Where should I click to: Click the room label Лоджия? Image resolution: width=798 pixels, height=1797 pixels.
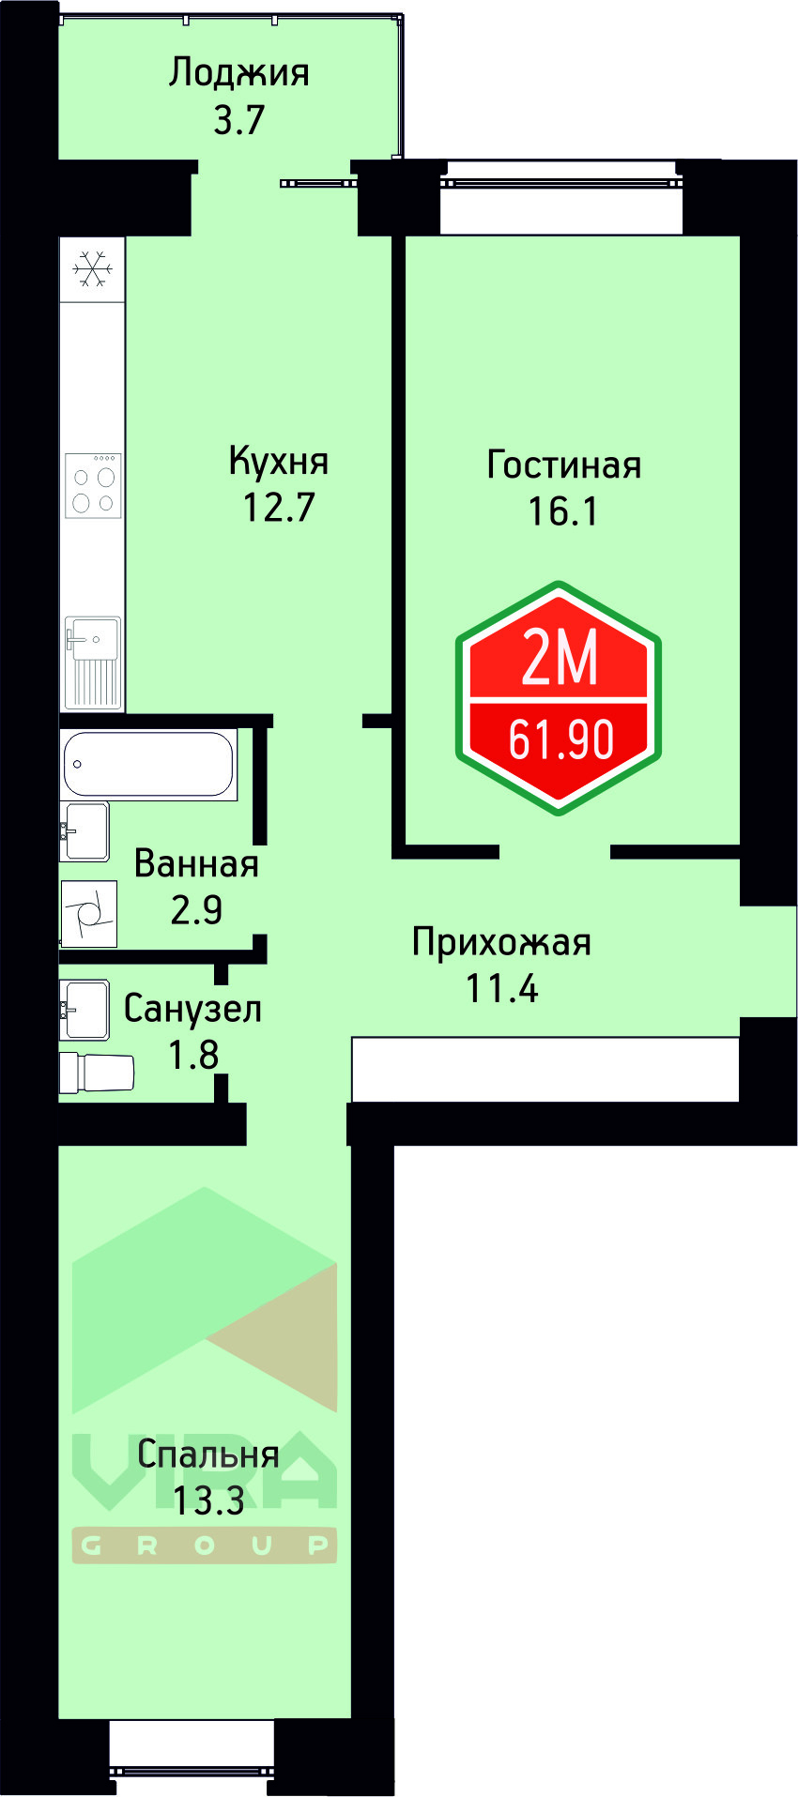tap(238, 74)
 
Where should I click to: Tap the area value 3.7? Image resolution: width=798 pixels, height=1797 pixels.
tap(238, 120)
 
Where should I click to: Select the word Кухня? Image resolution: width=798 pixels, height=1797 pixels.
tap(279, 462)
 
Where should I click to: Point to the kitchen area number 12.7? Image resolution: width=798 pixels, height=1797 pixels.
tap(279, 508)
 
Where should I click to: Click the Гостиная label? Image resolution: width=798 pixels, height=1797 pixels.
tap(563, 465)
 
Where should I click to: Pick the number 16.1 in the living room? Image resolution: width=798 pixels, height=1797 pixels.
tap(562, 512)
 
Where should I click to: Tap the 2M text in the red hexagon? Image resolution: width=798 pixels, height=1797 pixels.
tap(560, 658)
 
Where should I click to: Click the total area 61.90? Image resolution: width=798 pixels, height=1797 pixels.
tap(560, 739)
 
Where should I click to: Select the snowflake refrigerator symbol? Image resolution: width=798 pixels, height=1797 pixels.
tap(93, 268)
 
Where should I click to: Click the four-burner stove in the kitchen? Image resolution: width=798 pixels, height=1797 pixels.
tap(93, 485)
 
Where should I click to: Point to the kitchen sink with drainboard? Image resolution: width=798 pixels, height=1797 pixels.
tap(93, 662)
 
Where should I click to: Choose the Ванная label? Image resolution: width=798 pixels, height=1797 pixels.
tap(196, 864)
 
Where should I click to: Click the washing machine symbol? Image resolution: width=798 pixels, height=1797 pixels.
tap(89, 913)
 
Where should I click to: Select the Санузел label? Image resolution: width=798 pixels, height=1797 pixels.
tap(192, 1010)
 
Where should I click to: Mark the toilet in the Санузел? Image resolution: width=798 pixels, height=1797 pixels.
tap(98, 1073)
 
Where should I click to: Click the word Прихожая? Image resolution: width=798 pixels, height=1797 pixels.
tap(501, 943)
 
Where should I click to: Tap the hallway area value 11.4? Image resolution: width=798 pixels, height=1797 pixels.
tap(501, 989)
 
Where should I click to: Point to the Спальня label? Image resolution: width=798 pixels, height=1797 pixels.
tap(207, 1455)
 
